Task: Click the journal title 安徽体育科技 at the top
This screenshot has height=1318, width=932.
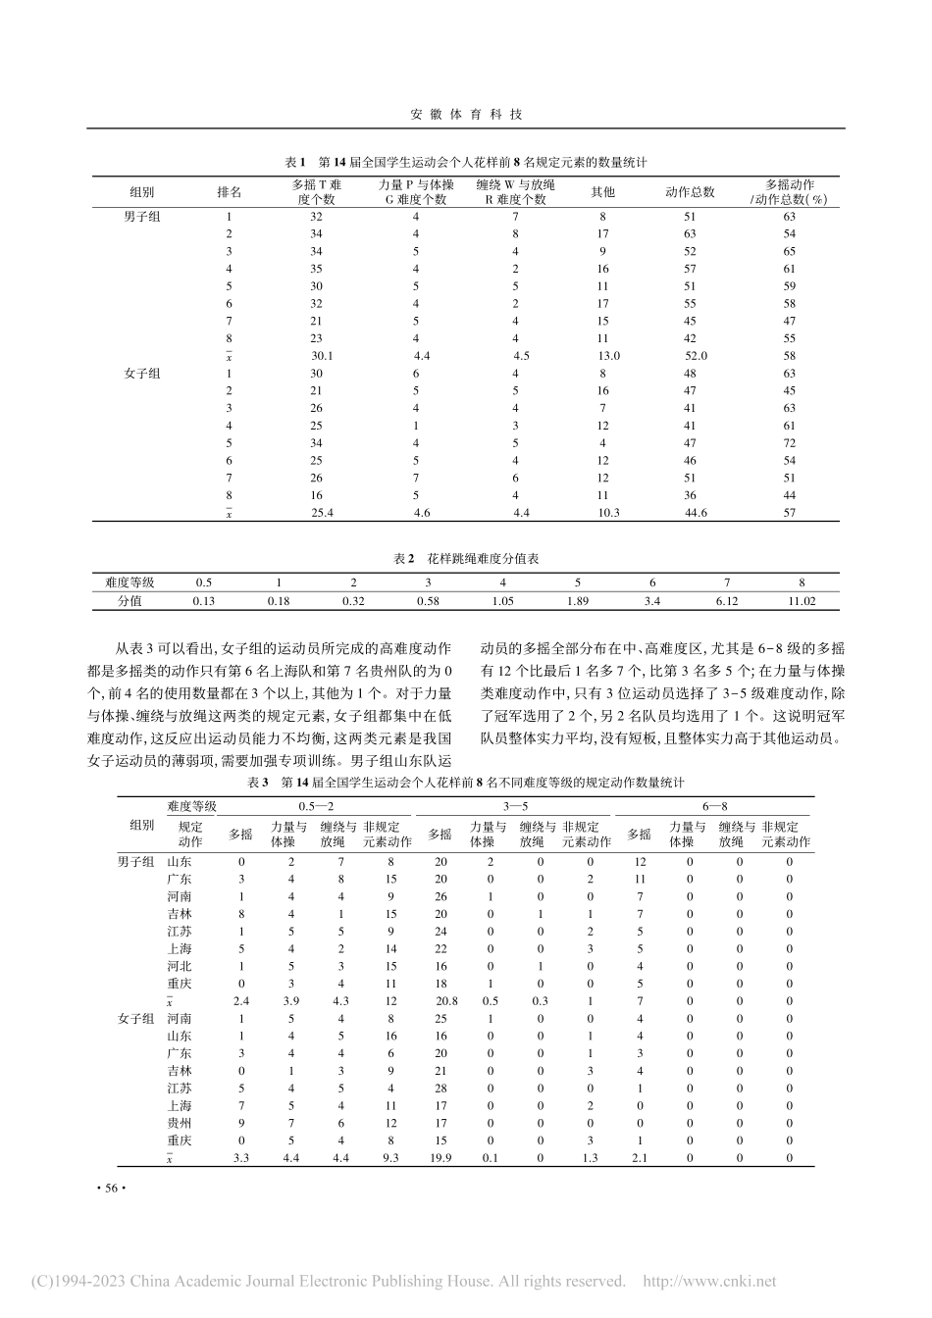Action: pyautogui.click(x=465, y=114)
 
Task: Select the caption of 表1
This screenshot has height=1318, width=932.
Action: pyautogui.click(x=465, y=162)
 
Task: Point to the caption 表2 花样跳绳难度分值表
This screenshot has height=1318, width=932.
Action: pyautogui.click(x=465, y=558)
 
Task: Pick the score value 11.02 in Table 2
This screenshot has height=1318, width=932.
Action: pyautogui.click(x=802, y=600)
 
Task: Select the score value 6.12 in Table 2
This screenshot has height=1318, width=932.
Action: pyautogui.click(x=728, y=600)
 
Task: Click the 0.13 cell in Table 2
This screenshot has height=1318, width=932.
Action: pyautogui.click(x=204, y=600)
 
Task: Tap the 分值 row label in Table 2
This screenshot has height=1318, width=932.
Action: pyautogui.click(x=129, y=600)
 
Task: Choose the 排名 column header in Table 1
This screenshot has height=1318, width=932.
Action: pyautogui.click(x=230, y=191)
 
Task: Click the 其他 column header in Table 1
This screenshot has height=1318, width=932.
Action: pyautogui.click(x=602, y=191)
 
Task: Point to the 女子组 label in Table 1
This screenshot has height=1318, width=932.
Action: pyautogui.click(x=142, y=374)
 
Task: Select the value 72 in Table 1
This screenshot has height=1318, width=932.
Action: pyautogui.click(x=790, y=443)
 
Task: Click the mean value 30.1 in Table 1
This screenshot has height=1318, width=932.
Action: pyautogui.click(x=322, y=356)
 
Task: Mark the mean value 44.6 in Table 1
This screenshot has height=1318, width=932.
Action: pyautogui.click(x=695, y=513)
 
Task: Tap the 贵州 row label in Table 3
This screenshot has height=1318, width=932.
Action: pyautogui.click(x=180, y=1123)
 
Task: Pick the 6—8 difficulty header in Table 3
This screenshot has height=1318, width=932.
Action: pyautogui.click(x=714, y=805)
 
